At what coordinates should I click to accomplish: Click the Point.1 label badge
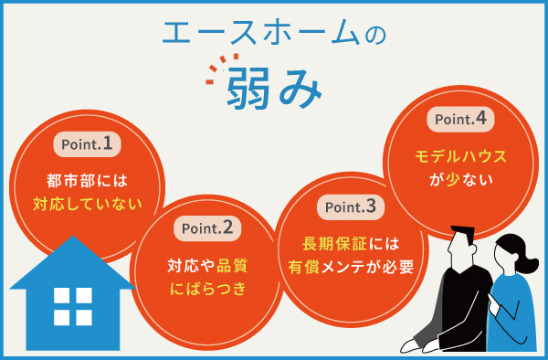88,143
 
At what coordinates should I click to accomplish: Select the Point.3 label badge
343,207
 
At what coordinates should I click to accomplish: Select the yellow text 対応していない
88,203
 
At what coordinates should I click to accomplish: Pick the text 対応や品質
207,267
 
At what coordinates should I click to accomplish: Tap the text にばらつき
207,291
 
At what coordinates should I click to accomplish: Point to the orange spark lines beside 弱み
216,71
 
